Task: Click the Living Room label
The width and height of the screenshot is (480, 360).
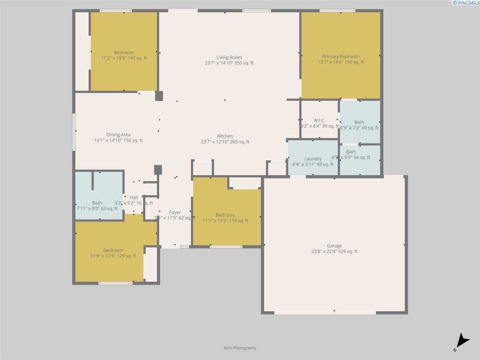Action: [x=229, y=57]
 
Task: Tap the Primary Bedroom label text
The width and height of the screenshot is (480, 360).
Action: [x=340, y=56]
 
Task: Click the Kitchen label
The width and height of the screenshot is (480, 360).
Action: [x=225, y=136]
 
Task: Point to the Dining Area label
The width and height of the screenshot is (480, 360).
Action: [x=118, y=135]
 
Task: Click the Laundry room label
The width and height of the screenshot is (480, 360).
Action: [x=313, y=159]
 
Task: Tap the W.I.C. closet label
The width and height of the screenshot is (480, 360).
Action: [x=319, y=120]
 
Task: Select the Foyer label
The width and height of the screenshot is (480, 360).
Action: [x=175, y=212]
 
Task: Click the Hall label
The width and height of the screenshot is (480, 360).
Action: [x=134, y=198]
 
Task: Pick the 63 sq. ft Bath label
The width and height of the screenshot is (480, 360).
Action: [x=97, y=203]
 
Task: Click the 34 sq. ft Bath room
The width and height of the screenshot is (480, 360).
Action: [x=351, y=152]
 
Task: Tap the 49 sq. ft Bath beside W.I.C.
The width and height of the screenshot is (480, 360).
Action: [x=359, y=122]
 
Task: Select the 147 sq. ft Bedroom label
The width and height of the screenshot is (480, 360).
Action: [x=124, y=52]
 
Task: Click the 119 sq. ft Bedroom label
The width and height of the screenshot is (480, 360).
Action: [x=225, y=215]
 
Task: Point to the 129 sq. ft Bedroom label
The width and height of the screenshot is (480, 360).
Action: [x=113, y=250]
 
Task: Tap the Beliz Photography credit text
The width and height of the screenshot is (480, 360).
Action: [x=240, y=348]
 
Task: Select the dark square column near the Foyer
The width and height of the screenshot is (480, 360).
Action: [x=158, y=170]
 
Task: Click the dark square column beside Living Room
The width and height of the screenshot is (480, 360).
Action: [x=159, y=96]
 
